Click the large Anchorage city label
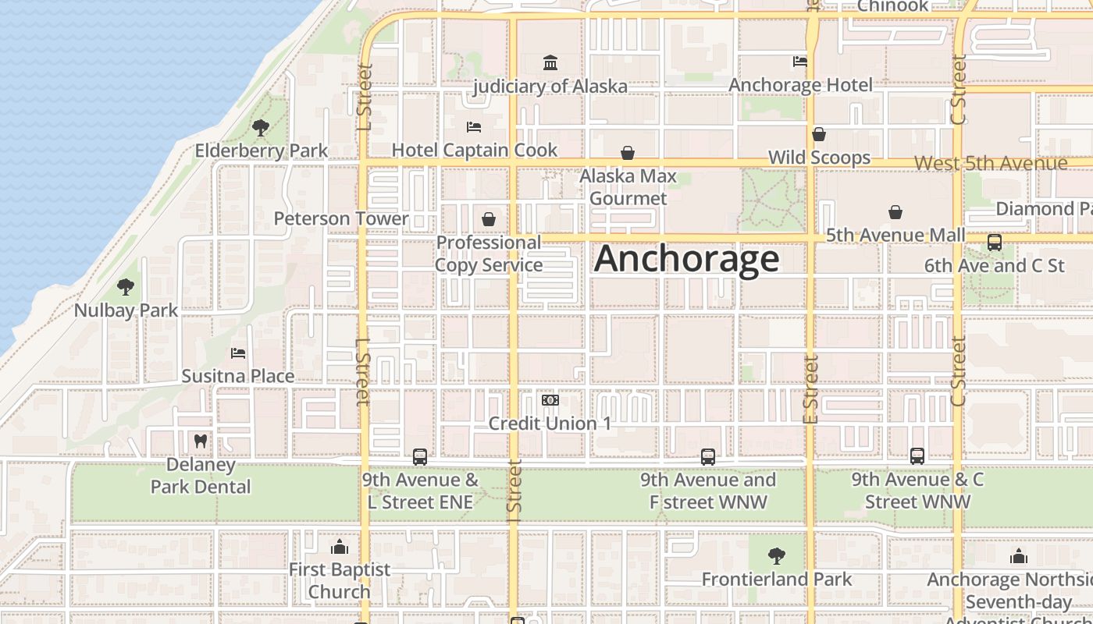click(x=686, y=259)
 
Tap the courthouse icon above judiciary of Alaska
click(x=550, y=62)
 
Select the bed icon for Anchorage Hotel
click(x=800, y=61)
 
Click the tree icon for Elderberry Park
click(x=261, y=127)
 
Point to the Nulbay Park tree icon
click(x=126, y=287)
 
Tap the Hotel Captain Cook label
click(x=475, y=150)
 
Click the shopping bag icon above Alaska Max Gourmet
click(x=628, y=153)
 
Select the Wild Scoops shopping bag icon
click(x=819, y=135)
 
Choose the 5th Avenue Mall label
click(x=895, y=235)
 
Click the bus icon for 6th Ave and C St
click(x=995, y=243)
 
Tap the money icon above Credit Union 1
click(x=550, y=400)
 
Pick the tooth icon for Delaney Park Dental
click(x=201, y=441)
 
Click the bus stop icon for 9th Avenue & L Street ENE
click(x=420, y=457)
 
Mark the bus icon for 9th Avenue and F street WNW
click(x=708, y=457)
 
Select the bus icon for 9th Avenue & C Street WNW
click(x=917, y=456)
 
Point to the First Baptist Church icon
click(x=340, y=547)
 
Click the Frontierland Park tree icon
click(x=776, y=556)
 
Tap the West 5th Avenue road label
click(x=990, y=164)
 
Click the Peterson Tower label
click(x=341, y=218)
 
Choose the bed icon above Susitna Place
click(x=238, y=353)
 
